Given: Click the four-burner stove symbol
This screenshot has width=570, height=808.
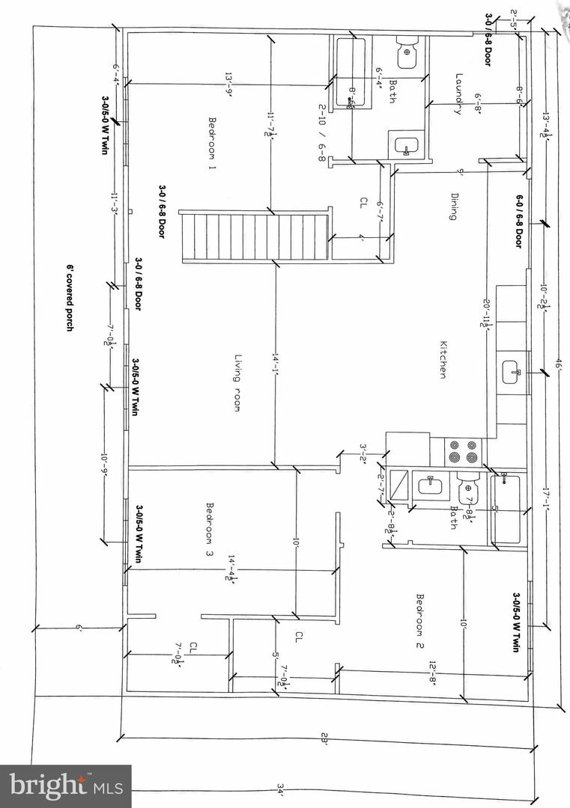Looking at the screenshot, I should pyautogui.click(x=464, y=453).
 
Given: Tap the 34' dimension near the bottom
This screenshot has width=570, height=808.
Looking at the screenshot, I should pyautogui.click(x=280, y=790).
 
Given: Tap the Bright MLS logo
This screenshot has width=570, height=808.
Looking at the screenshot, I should pyautogui.click(x=66, y=786).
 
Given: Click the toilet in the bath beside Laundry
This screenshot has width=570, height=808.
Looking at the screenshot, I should pyautogui.click(x=407, y=49).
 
